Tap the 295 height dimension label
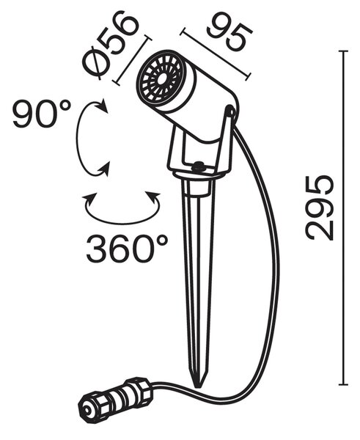coord(320,208)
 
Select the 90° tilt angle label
coord(42,114)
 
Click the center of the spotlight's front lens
coord(161,79)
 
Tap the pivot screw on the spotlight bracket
coord(230,111)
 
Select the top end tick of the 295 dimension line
coord(343,51)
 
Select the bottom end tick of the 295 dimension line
coord(343,384)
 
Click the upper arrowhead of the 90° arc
coord(103,106)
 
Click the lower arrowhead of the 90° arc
coord(104,169)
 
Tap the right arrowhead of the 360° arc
coord(154,198)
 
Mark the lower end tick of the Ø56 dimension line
coord(116,82)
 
